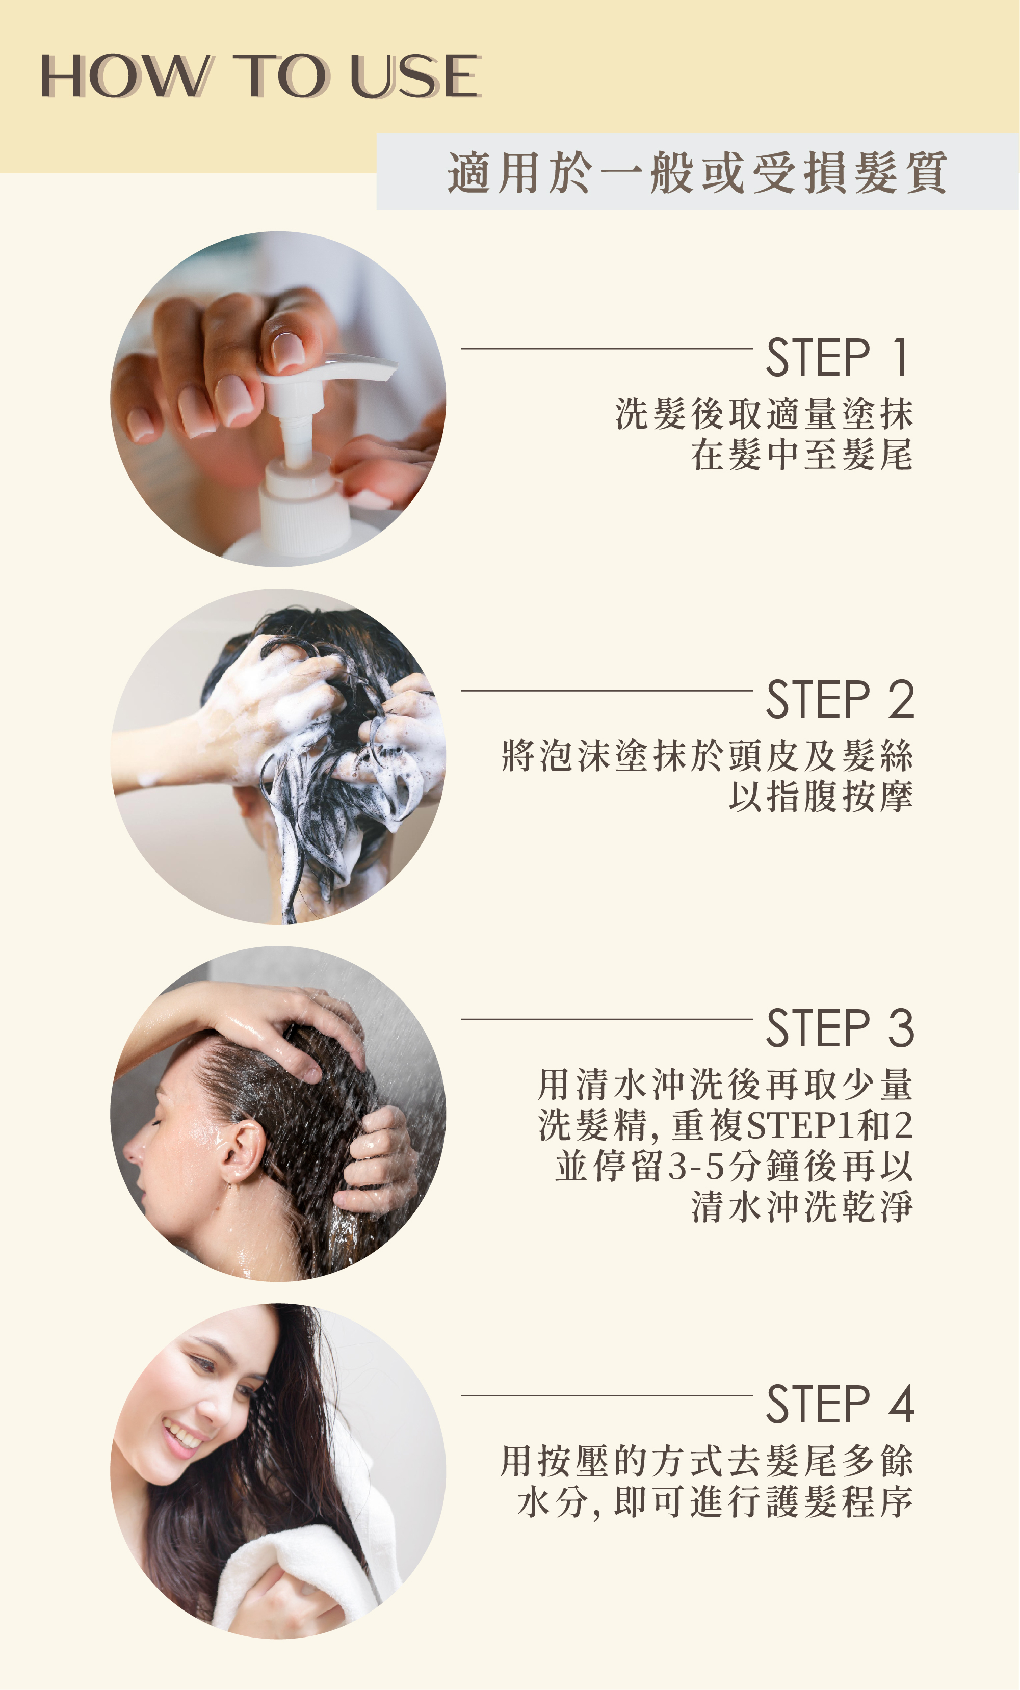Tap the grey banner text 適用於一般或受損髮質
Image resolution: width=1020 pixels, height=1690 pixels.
[x=698, y=172]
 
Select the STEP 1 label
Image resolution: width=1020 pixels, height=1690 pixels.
[x=840, y=357]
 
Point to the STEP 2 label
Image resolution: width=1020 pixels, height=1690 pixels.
[x=840, y=700]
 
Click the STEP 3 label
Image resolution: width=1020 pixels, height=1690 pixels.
[x=840, y=1028]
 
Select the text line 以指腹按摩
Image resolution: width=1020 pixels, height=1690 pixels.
[x=820, y=797]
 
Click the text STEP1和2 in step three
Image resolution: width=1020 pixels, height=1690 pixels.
[x=829, y=1125]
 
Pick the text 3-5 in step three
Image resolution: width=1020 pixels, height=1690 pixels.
[x=696, y=1167]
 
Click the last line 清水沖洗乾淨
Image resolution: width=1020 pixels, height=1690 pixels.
[x=802, y=1207]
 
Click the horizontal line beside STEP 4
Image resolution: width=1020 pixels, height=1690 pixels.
[x=607, y=1395]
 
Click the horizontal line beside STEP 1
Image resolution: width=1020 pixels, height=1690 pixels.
[x=607, y=349]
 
